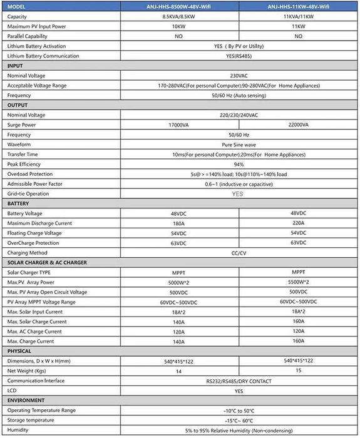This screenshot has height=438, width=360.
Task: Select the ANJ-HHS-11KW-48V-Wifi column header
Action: [x=299, y=6]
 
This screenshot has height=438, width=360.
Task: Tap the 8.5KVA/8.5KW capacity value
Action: [x=178, y=16]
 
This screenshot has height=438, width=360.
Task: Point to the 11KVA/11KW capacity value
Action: [x=298, y=16]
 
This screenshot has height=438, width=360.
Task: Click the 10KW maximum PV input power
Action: [x=178, y=26]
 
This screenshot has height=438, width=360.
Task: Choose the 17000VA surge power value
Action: [x=178, y=125]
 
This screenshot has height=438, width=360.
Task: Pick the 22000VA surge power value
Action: [x=298, y=125]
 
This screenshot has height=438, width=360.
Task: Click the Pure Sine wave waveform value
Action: [x=239, y=145]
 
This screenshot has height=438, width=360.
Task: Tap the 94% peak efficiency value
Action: [x=239, y=164]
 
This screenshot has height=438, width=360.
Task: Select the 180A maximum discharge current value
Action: [x=178, y=223]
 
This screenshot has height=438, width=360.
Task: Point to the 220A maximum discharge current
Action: [x=298, y=223]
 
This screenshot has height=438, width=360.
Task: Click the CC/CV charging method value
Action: [x=239, y=253]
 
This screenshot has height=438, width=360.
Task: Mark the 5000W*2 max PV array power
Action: [x=178, y=282]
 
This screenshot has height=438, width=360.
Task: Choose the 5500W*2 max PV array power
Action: [x=298, y=282]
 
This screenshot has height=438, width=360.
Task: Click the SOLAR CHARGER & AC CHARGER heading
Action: [x=47, y=263]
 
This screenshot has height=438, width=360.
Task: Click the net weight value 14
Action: [x=178, y=371]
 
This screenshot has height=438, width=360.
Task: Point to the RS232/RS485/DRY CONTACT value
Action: [x=239, y=380]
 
